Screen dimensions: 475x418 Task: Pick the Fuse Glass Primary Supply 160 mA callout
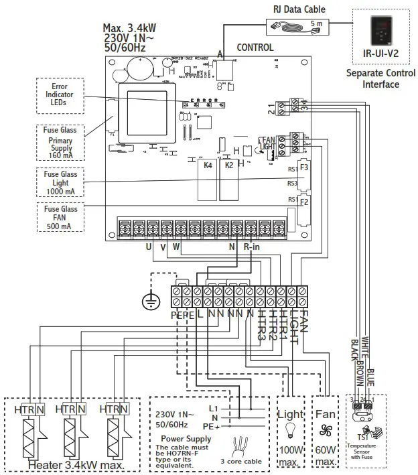pyautogui.click(x=60, y=142)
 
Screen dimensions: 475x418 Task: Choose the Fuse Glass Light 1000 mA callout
pyautogui.click(x=60, y=182)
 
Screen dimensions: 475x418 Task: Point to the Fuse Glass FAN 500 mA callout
pyautogui.click(x=60, y=218)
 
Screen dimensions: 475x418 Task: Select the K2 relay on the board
pyautogui.click(x=228, y=165)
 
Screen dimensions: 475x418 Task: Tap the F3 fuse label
pyautogui.click(x=303, y=167)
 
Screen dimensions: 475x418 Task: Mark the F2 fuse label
pyautogui.click(x=303, y=202)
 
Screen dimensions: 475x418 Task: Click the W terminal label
pyautogui.click(x=176, y=246)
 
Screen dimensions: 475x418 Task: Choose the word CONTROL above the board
pyautogui.click(x=255, y=48)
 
